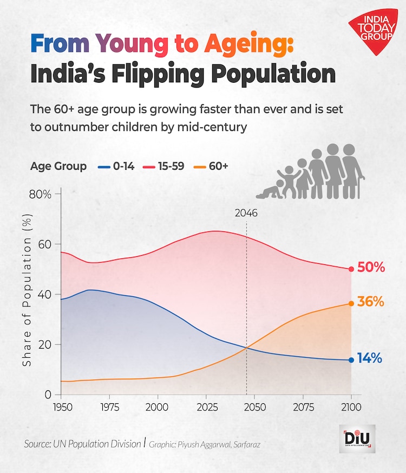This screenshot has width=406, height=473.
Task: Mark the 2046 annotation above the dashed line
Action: (246, 213)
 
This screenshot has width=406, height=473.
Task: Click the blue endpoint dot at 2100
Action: (351, 360)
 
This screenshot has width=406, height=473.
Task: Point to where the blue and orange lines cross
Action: (247, 348)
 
